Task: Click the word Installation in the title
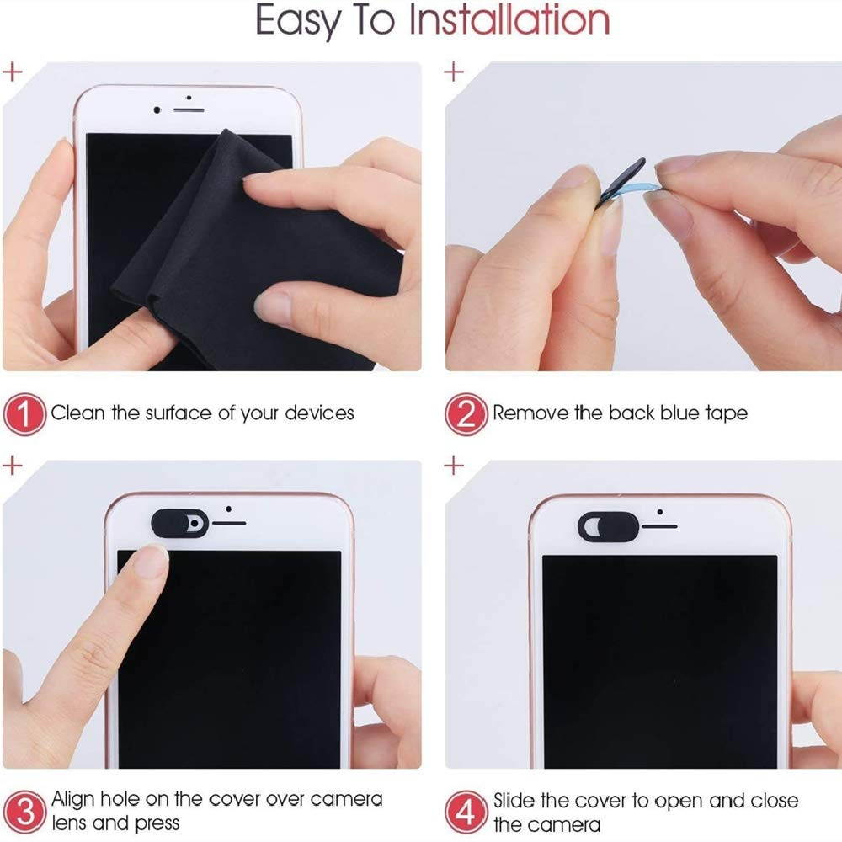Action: tap(509, 20)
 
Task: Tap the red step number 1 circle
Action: tap(24, 414)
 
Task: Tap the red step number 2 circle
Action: tap(466, 414)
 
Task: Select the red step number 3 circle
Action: tap(24, 812)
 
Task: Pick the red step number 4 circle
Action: tap(466, 812)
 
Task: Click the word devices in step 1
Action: tap(319, 413)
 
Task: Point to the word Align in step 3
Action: tap(73, 800)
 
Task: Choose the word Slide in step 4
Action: tap(514, 801)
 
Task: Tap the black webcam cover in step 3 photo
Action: tap(180, 523)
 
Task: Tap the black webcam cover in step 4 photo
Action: tap(608, 525)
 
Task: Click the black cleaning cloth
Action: tap(253, 258)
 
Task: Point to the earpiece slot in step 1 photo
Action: tap(189, 110)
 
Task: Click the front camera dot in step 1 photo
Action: tap(157, 110)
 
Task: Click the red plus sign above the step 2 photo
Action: tap(454, 72)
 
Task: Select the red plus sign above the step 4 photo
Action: tap(454, 465)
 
